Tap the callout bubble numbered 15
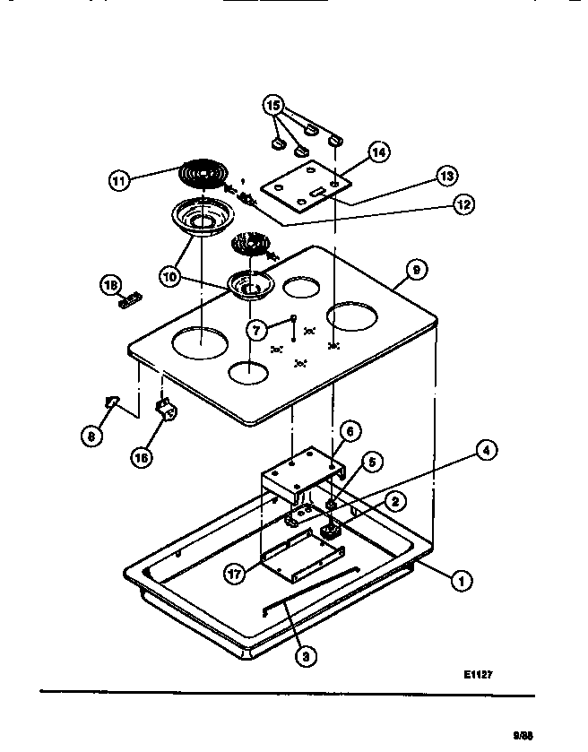point(273,106)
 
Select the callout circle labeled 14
point(378,152)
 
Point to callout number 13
point(445,176)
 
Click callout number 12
point(462,204)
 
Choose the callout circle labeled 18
point(111,286)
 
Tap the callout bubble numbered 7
point(256,330)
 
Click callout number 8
point(91,437)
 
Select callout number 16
point(142,456)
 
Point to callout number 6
point(350,432)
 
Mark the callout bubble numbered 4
point(485,450)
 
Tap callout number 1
point(461,582)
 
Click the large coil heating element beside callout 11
point(203,171)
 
